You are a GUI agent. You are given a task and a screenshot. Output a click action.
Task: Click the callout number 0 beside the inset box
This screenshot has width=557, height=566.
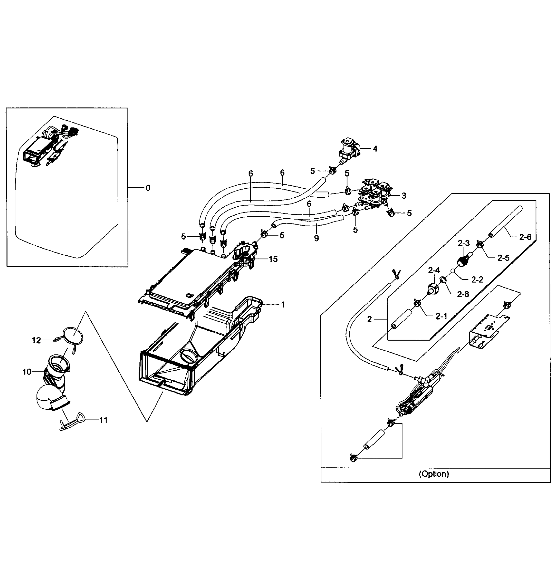click(x=148, y=188)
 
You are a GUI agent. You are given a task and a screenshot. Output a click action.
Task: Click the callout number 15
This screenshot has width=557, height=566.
click(x=273, y=259)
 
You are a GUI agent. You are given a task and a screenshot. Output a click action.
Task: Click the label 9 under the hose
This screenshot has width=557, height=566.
click(x=316, y=238)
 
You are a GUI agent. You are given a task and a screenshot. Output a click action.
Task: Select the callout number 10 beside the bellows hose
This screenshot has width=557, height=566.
click(x=27, y=372)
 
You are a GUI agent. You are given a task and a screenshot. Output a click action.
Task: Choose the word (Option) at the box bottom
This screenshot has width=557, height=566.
click(x=434, y=474)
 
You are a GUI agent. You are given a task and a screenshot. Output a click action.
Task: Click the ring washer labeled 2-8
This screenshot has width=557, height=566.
click(x=443, y=280)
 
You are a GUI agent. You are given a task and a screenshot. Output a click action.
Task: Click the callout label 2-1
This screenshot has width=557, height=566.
click(x=441, y=316)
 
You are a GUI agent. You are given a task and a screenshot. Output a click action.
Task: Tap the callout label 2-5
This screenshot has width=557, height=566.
click(x=503, y=258)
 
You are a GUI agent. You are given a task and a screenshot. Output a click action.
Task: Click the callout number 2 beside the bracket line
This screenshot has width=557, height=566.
click(x=369, y=320)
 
